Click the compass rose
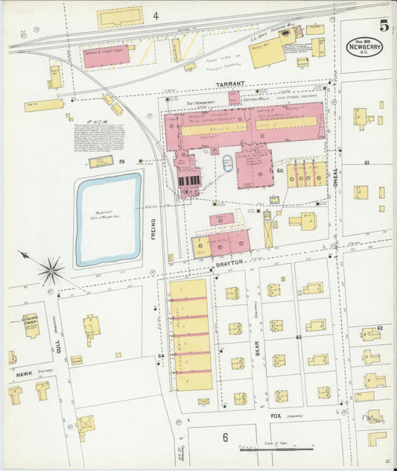click(x=51, y=271)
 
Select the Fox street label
click(x=276, y=416)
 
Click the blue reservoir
click(x=108, y=219)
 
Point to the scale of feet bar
click(x=276, y=449)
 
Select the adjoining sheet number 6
click(x=224, y=437)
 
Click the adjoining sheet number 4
click(x=156, y=16)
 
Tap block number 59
click(x=120, y=161)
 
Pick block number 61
click(x=366, y=162)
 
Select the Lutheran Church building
click(x=32, y=325)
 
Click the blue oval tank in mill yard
click(x=228, y=162)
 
